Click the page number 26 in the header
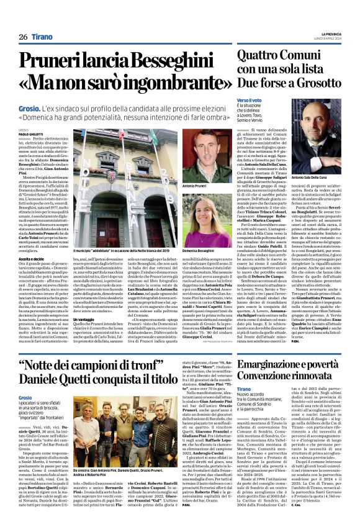point(22,37)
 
